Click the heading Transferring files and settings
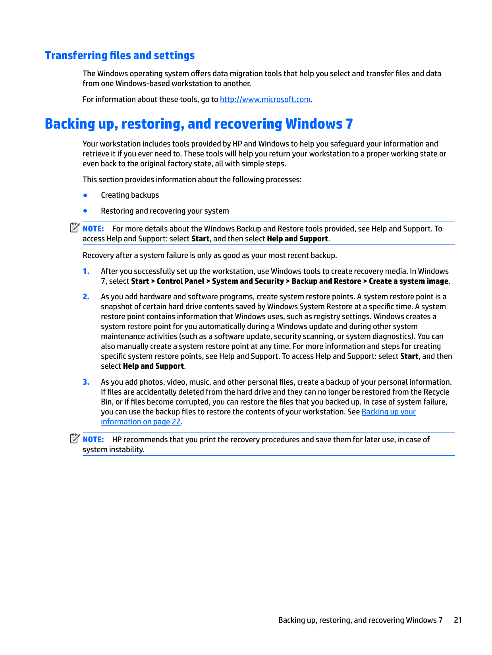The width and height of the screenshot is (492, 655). point(120,56)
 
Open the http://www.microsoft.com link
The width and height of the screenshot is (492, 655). point(265,100)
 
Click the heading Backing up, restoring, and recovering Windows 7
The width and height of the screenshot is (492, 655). point(199,124)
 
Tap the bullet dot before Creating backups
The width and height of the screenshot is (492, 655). point(85,195)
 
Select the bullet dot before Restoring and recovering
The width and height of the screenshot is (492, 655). point(85,211)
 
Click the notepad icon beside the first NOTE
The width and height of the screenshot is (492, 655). point(75,228)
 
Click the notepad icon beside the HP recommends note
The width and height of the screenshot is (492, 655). point(75,439)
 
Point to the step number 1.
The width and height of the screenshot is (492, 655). point(86,272)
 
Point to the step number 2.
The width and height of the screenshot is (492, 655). point(86,297)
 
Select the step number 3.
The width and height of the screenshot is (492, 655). point(86,382)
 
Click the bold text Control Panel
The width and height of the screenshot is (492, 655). point(180,281)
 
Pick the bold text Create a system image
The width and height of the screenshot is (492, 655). point(408,281)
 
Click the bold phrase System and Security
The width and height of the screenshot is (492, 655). point(248,281)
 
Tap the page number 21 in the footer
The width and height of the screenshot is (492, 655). point(458,620)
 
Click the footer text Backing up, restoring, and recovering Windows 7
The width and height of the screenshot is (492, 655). point(360,620)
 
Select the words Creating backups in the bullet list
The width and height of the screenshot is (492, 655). point(130,195)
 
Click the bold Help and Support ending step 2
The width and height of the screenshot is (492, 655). point(153,366)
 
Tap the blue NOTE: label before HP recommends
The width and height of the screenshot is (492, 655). point(93,440)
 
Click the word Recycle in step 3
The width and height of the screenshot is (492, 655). point(436,392)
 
